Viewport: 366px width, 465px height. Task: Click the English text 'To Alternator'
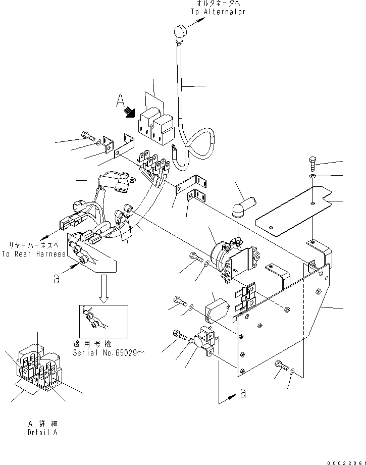(x=218, y=12)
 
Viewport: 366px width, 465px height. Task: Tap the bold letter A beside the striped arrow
(x=121, y=103)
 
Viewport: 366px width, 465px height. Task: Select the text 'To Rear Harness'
(x=33, y=254)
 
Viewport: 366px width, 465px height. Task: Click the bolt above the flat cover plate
(x=312, y=164)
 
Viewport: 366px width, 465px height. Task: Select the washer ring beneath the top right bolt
(x=313, y=177)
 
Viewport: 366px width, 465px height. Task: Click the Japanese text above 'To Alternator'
(x=218, y=4)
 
